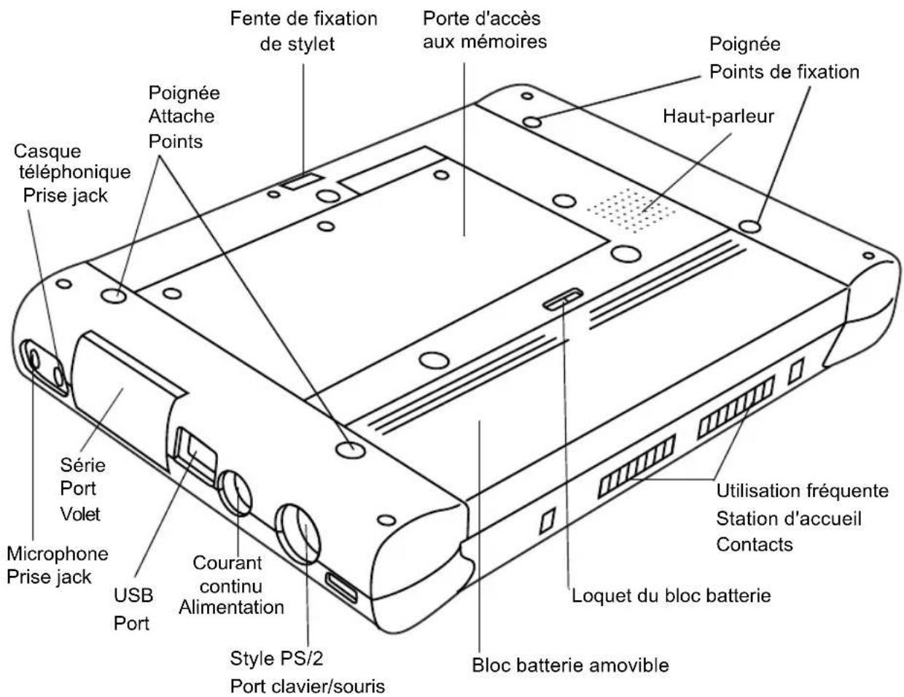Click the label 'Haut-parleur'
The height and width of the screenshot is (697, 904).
tap(718, 116)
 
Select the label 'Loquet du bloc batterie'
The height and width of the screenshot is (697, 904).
tap(671, 596)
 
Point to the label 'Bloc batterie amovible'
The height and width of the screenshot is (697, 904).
tap(570, 665)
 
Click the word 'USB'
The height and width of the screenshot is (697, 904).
tap(133, 595)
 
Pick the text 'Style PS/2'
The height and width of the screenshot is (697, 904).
tap(276, 658)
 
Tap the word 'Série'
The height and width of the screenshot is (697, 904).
tap(82, 464)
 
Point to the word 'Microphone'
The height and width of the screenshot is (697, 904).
tap(58, 553)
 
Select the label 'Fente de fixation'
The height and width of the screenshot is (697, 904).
tap(303, 17)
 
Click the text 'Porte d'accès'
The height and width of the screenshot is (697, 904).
tap(482, 17)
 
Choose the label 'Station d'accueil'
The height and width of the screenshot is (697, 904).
tap(789, 518)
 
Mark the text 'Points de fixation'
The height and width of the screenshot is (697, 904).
tap(784, 71)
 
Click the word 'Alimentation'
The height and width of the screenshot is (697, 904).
tap(232, 607)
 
